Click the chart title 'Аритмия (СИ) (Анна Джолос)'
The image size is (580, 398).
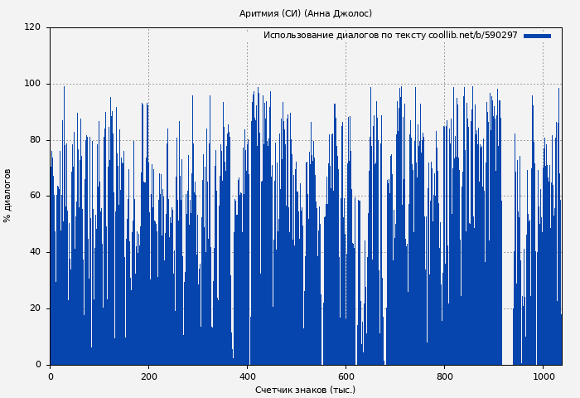coord(306,13)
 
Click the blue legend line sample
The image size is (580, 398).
coord(537,36)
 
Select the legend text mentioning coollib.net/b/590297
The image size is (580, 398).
coord(389,36)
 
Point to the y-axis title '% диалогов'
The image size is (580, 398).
coord(7,196)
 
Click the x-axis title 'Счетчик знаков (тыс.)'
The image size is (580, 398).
coord(305,390)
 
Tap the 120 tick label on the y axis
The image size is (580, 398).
coord(32,27)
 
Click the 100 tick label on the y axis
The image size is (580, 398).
coord(32,84)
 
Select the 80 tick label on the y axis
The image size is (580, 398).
coord(35,140)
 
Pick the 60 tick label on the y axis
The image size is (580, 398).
coord(35,196)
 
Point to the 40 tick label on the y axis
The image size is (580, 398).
coord(35,252)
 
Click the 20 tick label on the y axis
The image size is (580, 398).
coord(35,308)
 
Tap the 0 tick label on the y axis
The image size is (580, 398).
coord(38,365)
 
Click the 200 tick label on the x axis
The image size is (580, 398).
coord(148,376)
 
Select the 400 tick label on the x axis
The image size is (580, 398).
coord(247,376)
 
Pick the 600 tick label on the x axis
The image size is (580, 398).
coord(346,376)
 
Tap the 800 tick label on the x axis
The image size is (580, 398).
coord(444,376)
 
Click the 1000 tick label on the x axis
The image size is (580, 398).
coord(543,376)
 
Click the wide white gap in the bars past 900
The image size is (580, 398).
coord(507,249)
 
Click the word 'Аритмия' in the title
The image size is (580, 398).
coord(257,13)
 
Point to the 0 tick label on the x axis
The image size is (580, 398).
coord(50,376)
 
